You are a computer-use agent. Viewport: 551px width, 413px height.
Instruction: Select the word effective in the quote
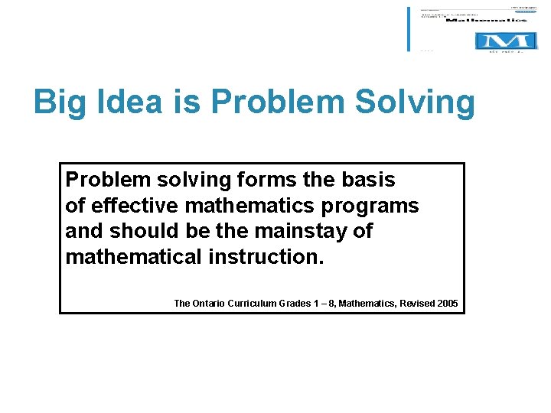(x=135, y=205)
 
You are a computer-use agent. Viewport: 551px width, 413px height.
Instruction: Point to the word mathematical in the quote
(x=134, y=255)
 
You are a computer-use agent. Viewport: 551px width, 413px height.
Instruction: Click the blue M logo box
(x=501, y=41)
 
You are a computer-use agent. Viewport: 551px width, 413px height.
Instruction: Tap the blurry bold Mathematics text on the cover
(x=486, y=20)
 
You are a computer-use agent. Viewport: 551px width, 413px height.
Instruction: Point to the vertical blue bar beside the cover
(x=409, y=29)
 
